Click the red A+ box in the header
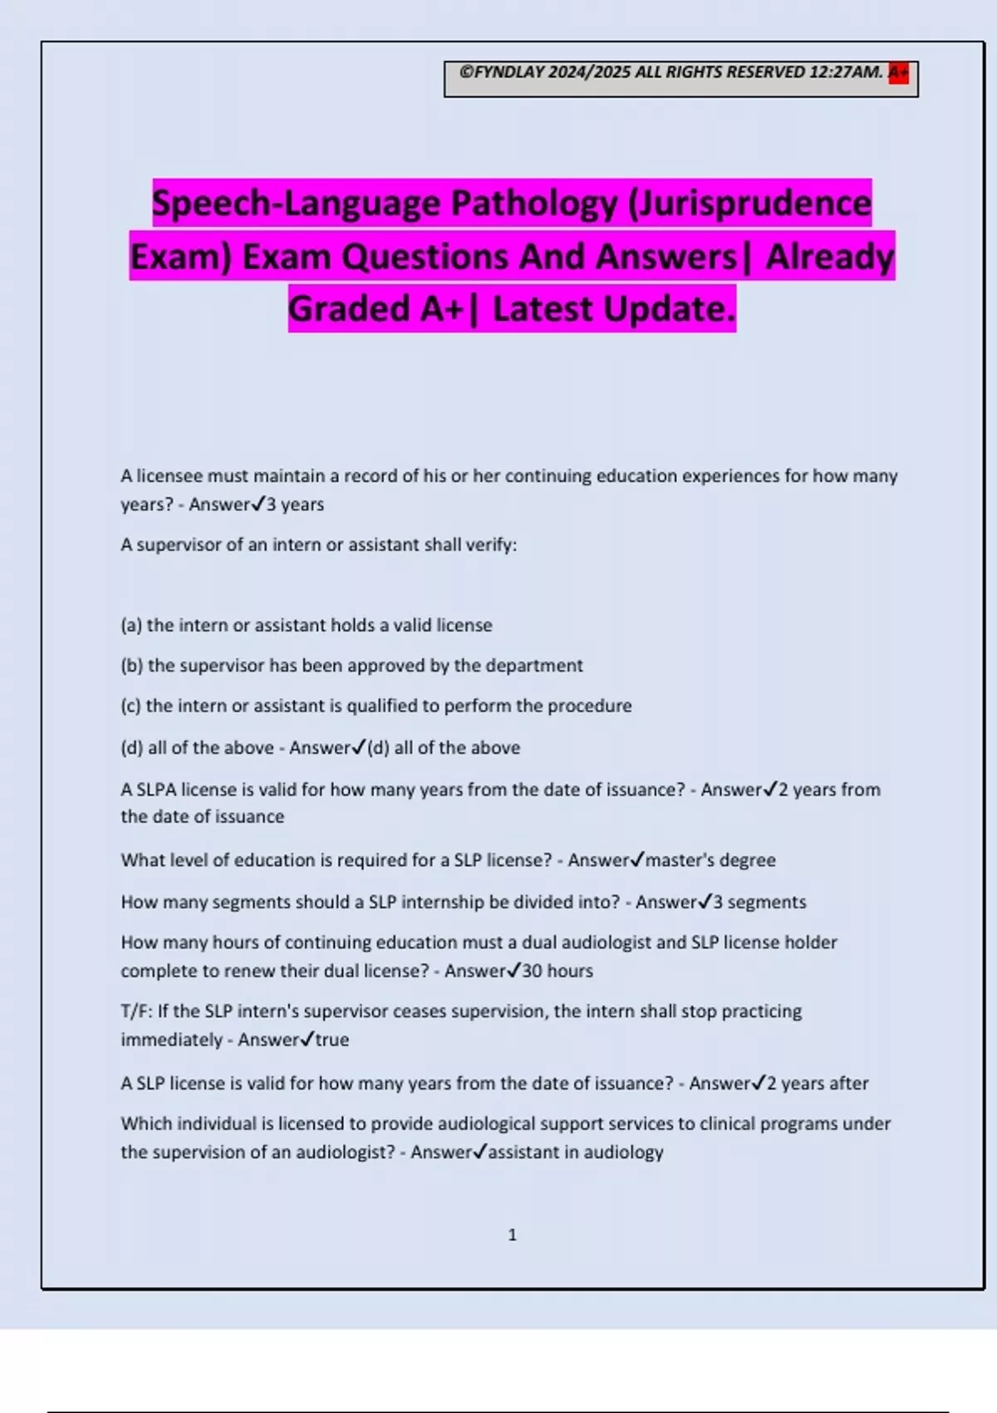coord(898,72)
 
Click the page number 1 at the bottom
coord(512,1235)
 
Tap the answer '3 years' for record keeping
coord(295,505)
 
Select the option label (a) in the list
coord(131,625)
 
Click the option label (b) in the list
coord(132,666)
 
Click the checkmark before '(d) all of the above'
coord(359,747)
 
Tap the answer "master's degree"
coord(710,860)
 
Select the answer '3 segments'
coord(759,902)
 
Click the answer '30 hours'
coord(557,971)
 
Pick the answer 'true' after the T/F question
coord(332,1040)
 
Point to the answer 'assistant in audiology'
coord(576,1152)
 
